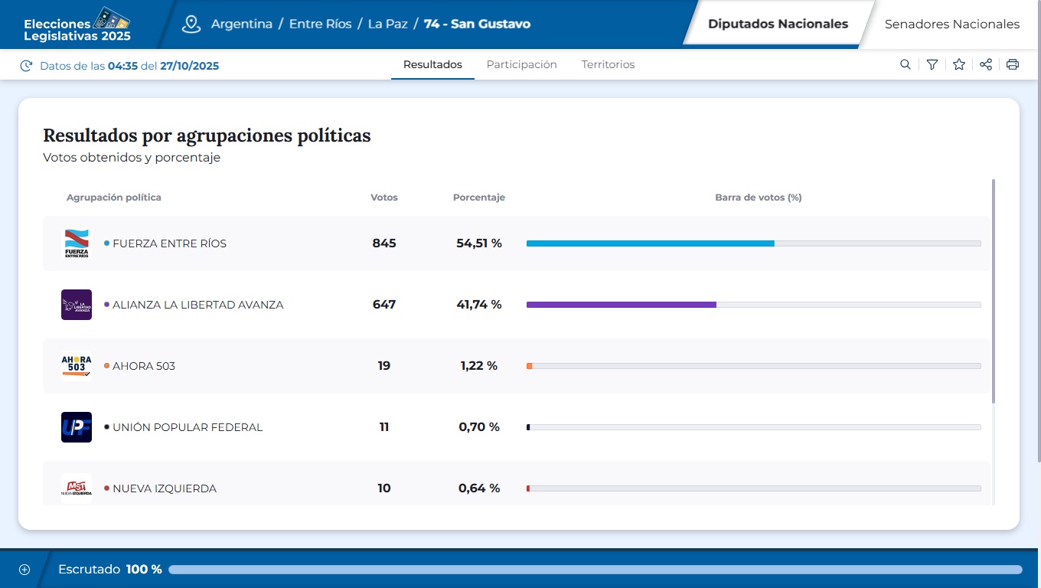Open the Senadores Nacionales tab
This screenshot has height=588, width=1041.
pos(951,24)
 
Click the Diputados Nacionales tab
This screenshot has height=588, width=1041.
pos(778,24)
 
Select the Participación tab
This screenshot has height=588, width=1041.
pos(521,64)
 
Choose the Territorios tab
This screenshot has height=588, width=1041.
pos(608,64)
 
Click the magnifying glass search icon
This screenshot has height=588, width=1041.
pos(906,64)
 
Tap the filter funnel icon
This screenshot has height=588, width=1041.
pos(932,64)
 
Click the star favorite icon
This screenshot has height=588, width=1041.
pos(958,64)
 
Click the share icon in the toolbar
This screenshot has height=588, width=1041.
pos(986,64)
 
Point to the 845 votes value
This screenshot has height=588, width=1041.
pos(384,243)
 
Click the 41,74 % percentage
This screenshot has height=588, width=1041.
pos(479,304)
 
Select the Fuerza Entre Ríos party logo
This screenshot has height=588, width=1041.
pos(77,243)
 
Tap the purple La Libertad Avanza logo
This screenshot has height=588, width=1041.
pos(77,305)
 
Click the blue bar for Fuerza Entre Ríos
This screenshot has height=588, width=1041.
pos(650,243)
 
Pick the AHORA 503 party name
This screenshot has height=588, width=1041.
pos(144,366)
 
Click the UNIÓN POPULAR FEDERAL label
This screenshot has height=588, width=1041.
pos(188,427)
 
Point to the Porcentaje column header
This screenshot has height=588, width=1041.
pos(478,198)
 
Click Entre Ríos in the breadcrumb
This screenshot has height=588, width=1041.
pos(320,24)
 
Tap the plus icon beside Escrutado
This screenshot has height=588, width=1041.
pos(24,570)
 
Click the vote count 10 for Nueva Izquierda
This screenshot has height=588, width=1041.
pos(384,488)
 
